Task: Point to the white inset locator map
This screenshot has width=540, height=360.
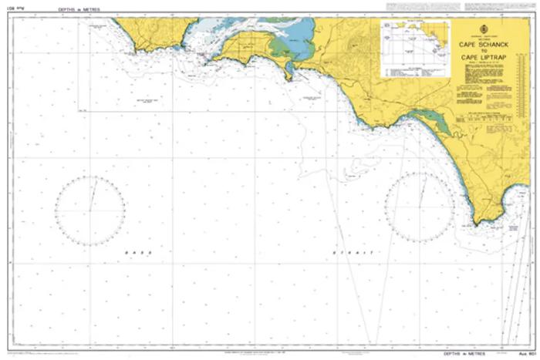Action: coord(415,45)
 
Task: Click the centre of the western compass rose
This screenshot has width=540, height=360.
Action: coord(90,210)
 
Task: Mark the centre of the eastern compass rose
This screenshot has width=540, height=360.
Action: coord(421,207)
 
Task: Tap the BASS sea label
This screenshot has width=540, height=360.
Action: coord(140,252)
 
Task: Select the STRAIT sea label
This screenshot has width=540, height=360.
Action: coord(352,252)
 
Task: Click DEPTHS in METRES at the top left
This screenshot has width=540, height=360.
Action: coord(79,9)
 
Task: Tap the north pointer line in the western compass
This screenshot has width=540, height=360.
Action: coord(93,193)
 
